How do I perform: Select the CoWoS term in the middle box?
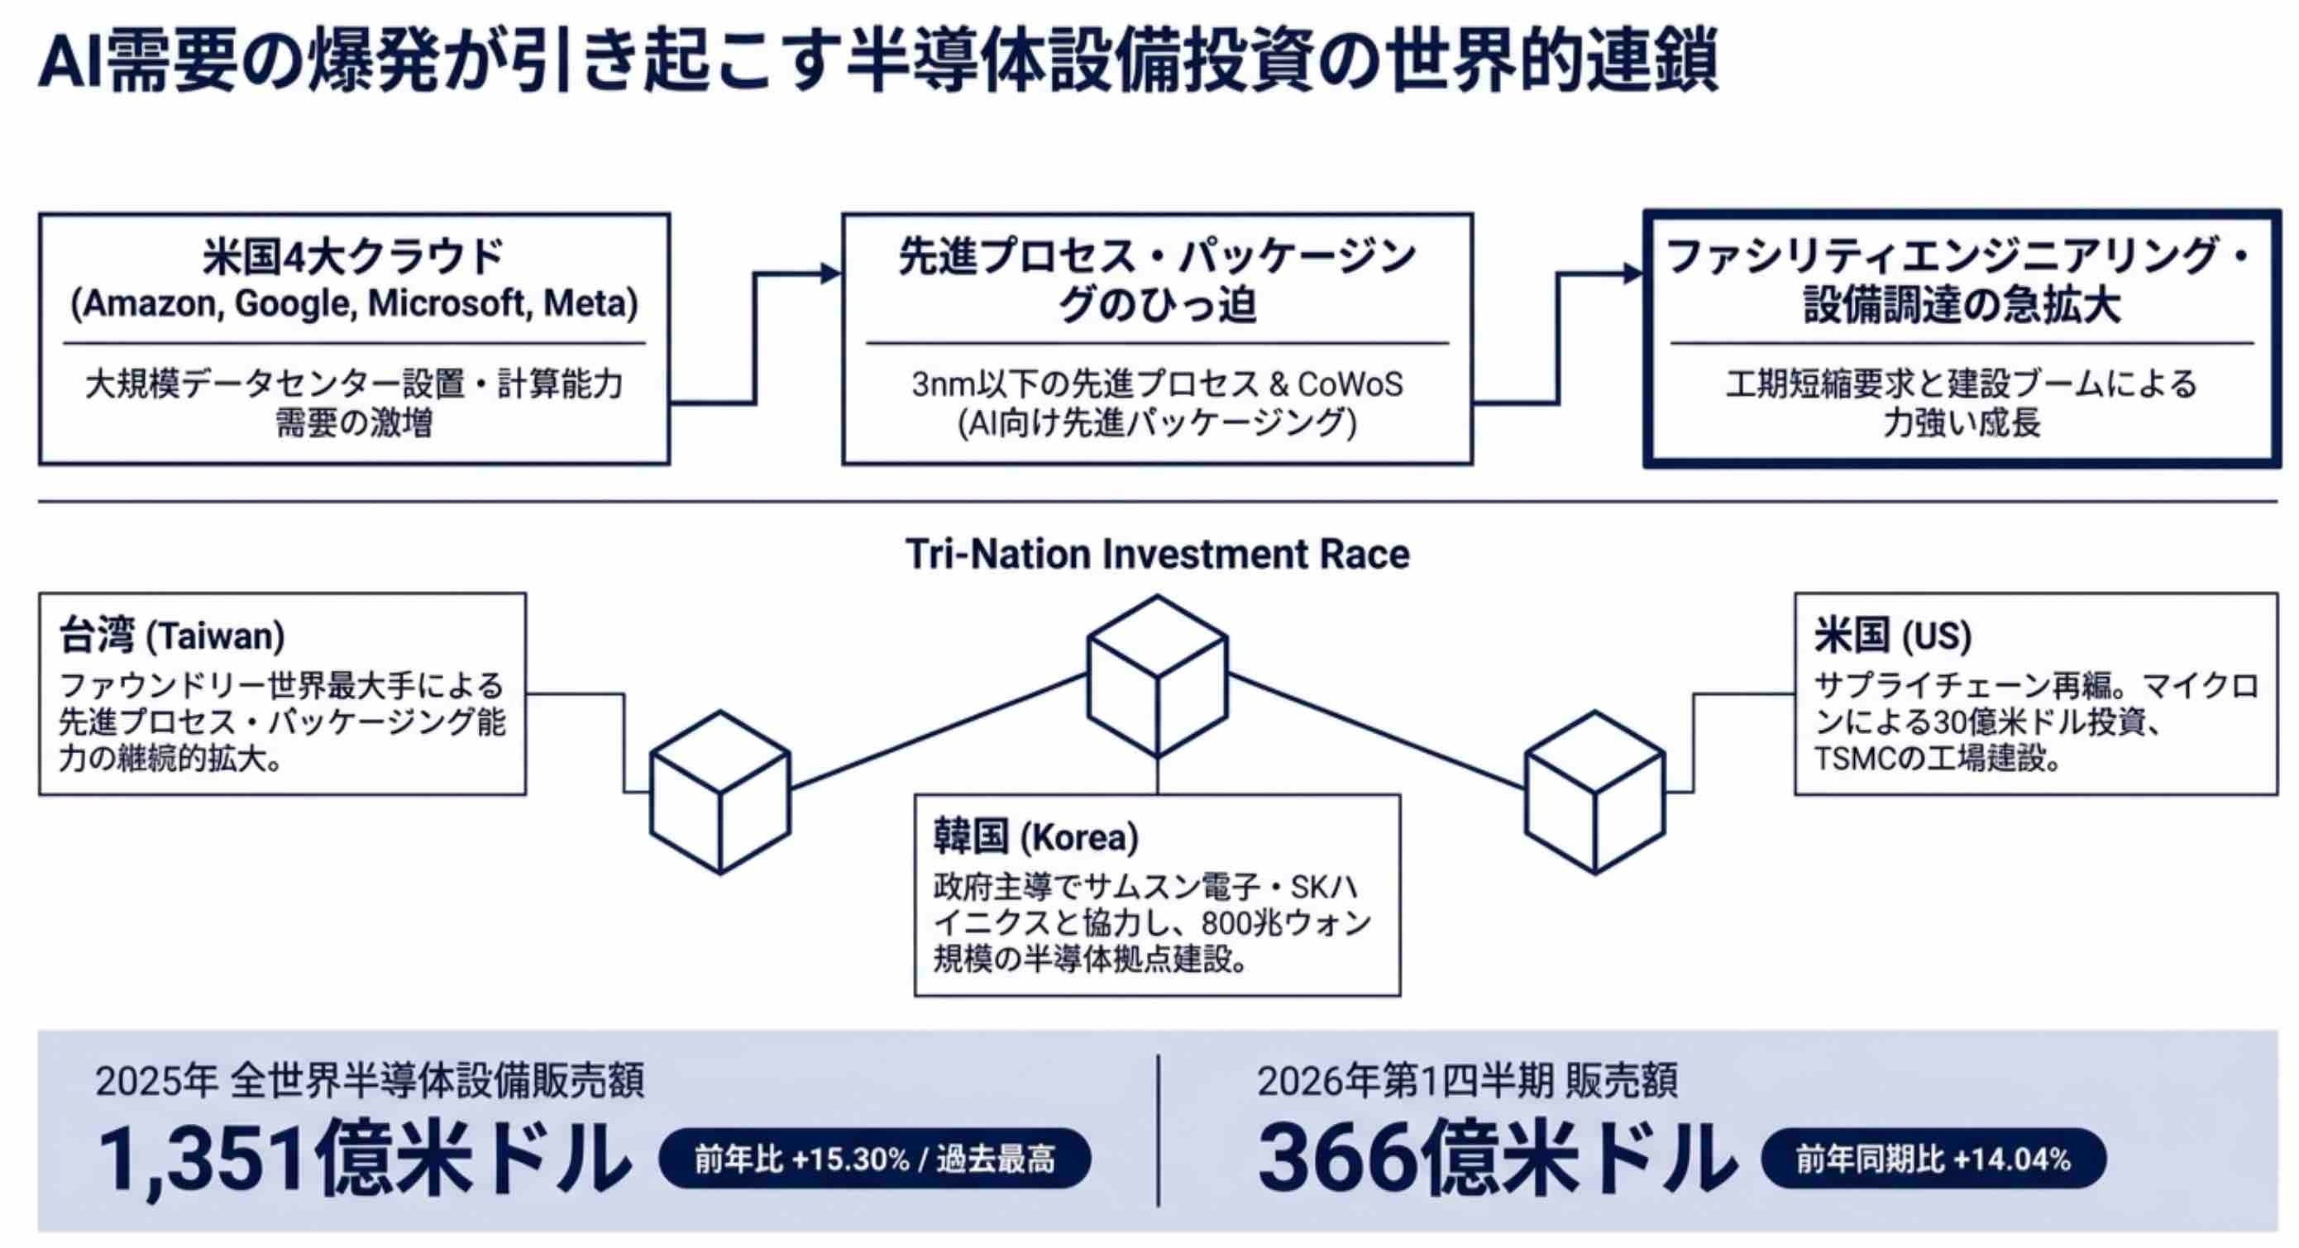point(1350,383)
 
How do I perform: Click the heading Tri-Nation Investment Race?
point(1158,554)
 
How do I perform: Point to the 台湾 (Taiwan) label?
point(172,636)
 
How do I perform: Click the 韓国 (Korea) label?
point(1036,836)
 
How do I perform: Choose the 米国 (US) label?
point(1893,636)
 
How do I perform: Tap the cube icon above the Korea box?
point(1158,677)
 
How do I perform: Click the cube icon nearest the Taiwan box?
point(720,792)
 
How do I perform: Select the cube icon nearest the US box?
point(1595,792)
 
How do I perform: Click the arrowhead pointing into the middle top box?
point(831,274)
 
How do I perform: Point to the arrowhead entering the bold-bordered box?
point(1633,274)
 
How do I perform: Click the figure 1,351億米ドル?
point(364,1159)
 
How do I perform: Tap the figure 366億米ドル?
point(1498,1159)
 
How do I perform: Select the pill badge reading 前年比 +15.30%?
point(875,1159)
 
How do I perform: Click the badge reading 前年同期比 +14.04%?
point(1934,1159)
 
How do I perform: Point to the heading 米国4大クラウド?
point(354,257)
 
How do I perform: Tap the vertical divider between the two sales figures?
point(1159,1131)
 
